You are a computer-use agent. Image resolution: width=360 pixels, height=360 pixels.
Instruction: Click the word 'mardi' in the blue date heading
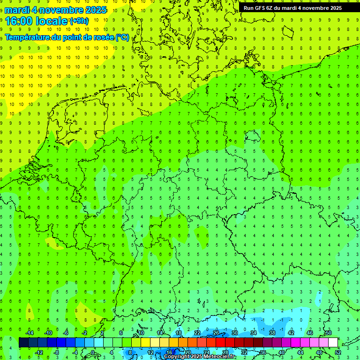click(x=16, y=10)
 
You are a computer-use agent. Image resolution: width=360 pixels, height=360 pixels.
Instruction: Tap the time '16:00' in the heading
click(x=18, y=21)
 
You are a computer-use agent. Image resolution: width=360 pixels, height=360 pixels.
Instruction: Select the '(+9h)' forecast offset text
click(x=78, y=21)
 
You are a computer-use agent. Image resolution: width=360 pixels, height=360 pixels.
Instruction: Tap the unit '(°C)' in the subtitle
click(x=122, y=37)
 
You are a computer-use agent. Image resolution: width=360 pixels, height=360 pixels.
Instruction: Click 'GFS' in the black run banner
click(x=261, y=8)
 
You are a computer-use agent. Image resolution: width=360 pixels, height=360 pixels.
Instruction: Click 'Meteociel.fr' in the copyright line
click(x=220, y=357)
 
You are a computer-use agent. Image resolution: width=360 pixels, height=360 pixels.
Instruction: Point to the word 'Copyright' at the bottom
click(x=177, y=357)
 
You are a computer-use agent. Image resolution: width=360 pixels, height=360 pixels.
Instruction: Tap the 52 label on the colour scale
click(x=338, y=352)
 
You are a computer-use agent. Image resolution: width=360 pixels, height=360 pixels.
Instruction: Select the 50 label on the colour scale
click(x=328, y=333)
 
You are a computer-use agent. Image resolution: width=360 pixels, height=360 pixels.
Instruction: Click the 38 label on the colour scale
click(x=272, y=333)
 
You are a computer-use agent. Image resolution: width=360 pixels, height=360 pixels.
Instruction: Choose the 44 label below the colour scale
click(x=300, y=352)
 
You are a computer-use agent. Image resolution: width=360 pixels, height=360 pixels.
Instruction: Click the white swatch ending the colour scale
click(x=333, y=343)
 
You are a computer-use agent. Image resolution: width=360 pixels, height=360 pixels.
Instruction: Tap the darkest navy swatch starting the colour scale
click(x=23, y=343)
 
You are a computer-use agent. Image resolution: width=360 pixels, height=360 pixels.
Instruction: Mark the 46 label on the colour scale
click(x=309, y=333)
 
